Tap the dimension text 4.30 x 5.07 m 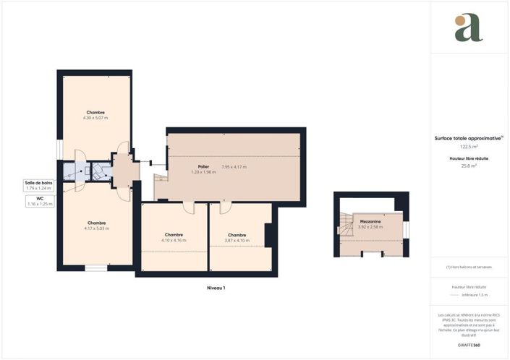[x=95, y=118]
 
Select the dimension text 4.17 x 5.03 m [x=96, y=228]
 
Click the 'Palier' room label [x=204, y=166]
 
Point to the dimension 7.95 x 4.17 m [x=234, y=167]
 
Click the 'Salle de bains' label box [x=38, y=186]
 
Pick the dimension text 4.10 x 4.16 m [x=174, y=241]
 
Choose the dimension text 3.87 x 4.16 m [x=237, y=241]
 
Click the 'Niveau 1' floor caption [x=215, y=288]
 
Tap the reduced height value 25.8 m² [x=469, y=165]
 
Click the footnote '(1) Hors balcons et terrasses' [x=469, y=267]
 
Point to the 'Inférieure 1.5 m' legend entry [x=475, y=295]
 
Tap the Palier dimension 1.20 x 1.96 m [x=204, y=172]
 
